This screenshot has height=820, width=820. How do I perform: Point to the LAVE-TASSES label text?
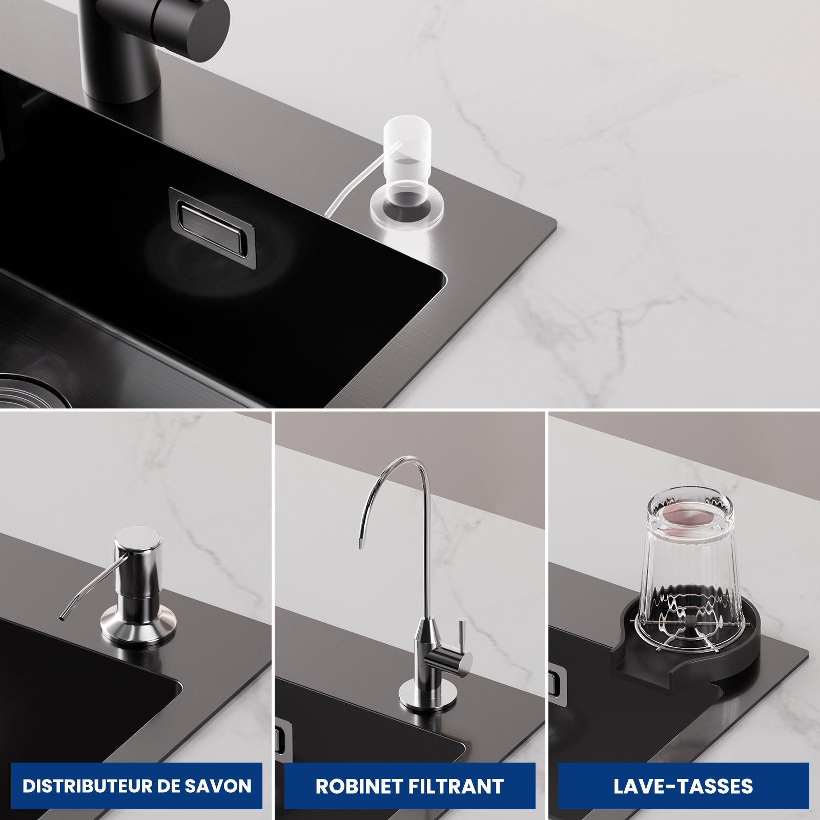tap(683, 786)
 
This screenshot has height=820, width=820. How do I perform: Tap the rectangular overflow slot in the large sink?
tap(213, 227)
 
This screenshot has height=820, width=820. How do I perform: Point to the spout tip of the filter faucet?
tap(361, 544)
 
